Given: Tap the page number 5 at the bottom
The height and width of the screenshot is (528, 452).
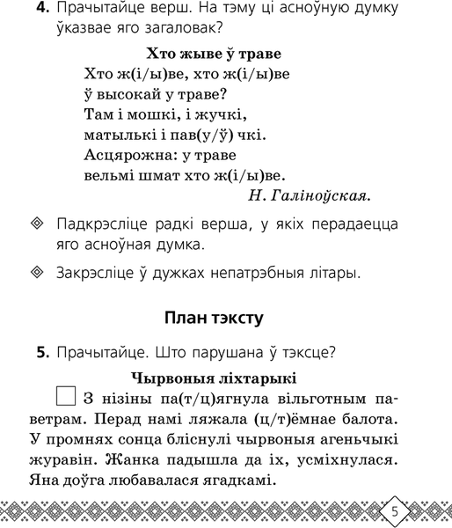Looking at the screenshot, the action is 395,511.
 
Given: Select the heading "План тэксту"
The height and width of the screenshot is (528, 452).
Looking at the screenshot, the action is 226,317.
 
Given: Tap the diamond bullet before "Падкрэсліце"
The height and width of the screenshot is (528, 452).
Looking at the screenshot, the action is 35,224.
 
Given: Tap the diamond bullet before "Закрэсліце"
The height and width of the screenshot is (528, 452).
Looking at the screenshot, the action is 35,273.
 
